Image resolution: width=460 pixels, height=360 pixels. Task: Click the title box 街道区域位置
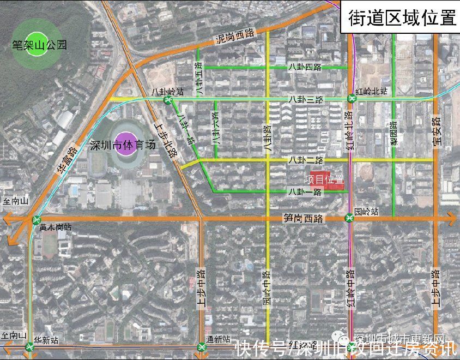point(402,18)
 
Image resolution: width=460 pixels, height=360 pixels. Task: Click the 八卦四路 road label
point(306,68)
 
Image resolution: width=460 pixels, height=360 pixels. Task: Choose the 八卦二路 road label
point(306,160)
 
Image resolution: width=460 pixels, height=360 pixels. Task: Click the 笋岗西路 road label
point(304,219)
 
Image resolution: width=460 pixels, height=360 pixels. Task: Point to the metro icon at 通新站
point(202,347)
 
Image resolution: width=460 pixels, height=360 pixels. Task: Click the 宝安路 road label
point(435,131)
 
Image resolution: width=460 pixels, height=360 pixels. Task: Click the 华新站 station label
point(46,340)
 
